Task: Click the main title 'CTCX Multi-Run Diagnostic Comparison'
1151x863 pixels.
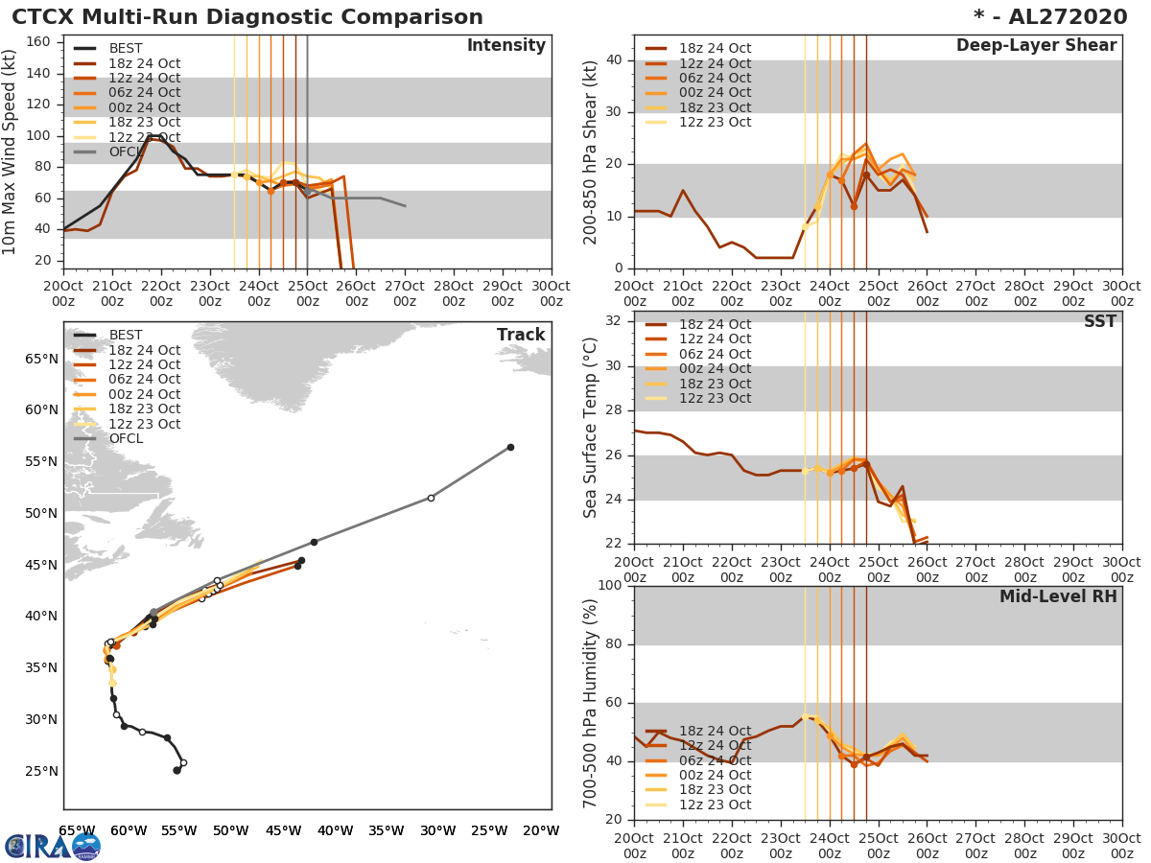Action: (247, 17)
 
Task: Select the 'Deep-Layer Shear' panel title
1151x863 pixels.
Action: (1036, 46)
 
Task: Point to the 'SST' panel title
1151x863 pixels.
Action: (1099, 322)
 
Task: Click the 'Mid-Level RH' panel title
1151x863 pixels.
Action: (1058, 596)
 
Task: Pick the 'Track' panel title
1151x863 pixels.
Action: (521, 335)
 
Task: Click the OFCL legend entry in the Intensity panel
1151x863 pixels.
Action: (126, 152)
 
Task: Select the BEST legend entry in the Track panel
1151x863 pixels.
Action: (126, 335)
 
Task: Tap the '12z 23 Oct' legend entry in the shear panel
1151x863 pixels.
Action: (716, 122)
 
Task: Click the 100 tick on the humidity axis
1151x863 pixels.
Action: (610, 586)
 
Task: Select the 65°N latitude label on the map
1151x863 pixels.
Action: (40, 359)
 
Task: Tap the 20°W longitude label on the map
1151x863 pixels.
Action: (541, 830)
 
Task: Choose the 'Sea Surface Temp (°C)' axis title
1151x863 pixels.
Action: (591, 428)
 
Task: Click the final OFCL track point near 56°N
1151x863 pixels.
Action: (510, 447)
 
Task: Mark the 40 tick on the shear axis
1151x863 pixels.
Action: (614, 60)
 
